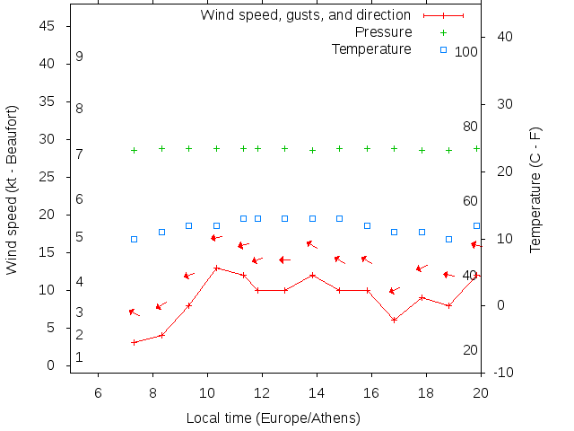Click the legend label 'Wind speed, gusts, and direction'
tap(306, 15)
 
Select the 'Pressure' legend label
tap(383, 32)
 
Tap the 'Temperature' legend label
tap(371, 49)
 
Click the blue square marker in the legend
tap(443, 49)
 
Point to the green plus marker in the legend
tap(443, 32)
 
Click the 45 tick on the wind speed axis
tap(49, 27)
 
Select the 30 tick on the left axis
tap(49, 140)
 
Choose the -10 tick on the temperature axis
tap(503, 373)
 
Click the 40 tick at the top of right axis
tap(504, 37)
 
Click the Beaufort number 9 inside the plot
tap(80, 57)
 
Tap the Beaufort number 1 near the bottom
tap(79, 357)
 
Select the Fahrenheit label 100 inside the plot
tap(466, 52)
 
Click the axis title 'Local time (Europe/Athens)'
tap(274, 418)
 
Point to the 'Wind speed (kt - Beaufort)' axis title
tap(13, 189)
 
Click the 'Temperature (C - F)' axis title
tap(535, 189)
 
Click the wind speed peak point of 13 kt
tap(216, 268)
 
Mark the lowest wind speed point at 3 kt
tap(134, 342)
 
